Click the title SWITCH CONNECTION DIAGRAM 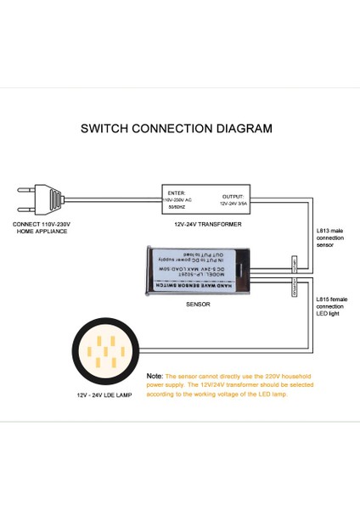(176, 129)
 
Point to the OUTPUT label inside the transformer (232, 196)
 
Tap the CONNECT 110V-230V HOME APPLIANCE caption (42, 227)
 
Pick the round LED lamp (106, 352)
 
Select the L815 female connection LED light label (331, 307)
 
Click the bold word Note (155, 375)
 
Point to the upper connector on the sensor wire (293, 263)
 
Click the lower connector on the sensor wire (293, 288)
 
